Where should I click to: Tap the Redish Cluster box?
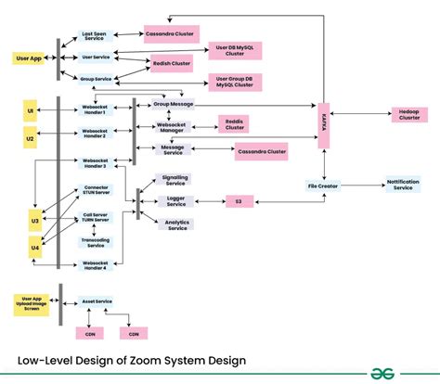173,65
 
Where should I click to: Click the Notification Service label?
403,185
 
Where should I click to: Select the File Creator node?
323,186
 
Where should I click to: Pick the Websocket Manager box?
174,127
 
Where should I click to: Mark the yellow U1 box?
31,113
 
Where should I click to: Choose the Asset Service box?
97,301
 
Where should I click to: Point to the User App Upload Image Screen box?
31,303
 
